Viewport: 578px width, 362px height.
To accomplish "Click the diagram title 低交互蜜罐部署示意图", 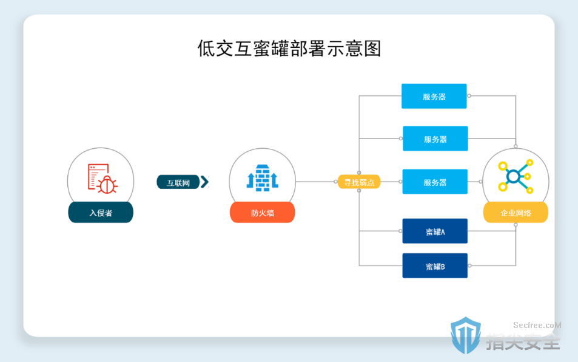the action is (x=289, y=49).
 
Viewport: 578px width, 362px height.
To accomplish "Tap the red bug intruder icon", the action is (x=102, y=179).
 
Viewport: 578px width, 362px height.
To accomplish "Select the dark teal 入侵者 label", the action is (x=101, y=212).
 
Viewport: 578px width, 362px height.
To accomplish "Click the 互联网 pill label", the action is (x=178, y=182).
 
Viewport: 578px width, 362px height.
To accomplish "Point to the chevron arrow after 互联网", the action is (x=204, y=182).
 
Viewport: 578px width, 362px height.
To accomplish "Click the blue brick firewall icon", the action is (x=263, y=178).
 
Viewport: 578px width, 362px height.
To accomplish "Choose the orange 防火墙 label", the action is (x=262, y=212).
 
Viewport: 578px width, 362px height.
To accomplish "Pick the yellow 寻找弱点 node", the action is (x=359, y=182).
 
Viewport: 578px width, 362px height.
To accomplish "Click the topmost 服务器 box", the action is (x=434, y=97).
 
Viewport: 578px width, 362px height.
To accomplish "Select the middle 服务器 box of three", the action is (x=435, y=138).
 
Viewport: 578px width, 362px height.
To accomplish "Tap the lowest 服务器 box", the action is (x=435, y=182).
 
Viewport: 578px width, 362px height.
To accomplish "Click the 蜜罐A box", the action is (x=435, y=231).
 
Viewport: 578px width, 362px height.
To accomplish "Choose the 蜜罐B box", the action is (x=435, y=265).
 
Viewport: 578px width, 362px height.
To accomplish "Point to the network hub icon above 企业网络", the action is (x=516, y=176).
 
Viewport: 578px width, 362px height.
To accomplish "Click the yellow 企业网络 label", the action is (x=516, y=212).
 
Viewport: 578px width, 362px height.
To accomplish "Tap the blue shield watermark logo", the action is (x=466, y=335).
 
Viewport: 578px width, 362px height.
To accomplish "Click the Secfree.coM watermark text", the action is (x=537, y=325).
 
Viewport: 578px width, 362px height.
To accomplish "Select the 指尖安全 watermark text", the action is (x=523, y=341).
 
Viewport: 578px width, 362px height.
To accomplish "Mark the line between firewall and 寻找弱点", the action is (x=315, y=182).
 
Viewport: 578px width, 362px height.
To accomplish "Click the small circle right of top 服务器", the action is (x=469, y=96).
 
